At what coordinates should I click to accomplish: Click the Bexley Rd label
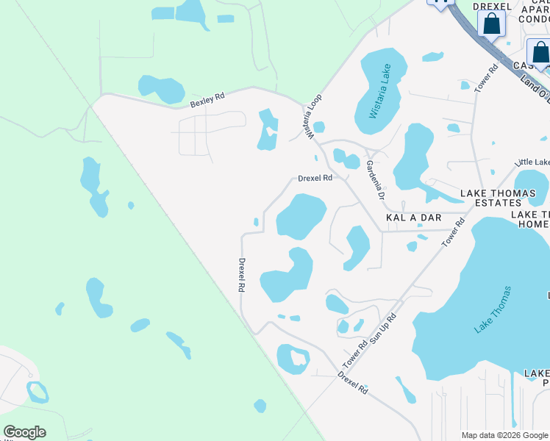[x=207, y=100]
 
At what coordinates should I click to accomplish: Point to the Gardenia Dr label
[x=375, y=180]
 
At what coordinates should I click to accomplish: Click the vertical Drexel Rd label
[x=240, y=275]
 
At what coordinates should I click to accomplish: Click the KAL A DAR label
[x=413, y=218]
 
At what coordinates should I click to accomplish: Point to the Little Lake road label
[x=532, y=162]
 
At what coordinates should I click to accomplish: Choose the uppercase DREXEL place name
[x=492, y=6]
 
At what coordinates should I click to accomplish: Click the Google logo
[x=24, y=432]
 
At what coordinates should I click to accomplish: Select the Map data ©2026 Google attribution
[x=505, y=435]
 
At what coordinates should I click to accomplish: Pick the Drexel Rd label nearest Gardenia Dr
[x=315, y=178]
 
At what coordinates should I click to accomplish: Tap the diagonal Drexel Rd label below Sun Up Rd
[x=352, y=383]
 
